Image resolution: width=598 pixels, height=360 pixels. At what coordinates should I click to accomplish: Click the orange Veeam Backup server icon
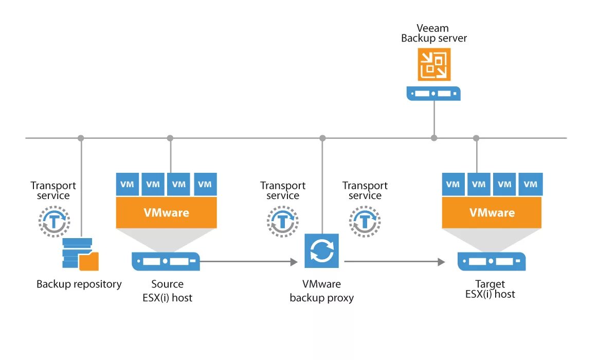(x=433, y=64)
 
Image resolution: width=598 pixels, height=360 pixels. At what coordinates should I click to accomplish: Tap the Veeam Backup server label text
(x=434, y=33)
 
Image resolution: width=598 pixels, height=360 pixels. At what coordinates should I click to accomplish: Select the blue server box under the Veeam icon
(x=433, y=94)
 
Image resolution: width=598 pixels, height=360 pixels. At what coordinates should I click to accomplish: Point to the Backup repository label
(x=79, y=284)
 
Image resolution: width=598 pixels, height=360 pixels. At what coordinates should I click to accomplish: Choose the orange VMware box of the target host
(x=492, y=212)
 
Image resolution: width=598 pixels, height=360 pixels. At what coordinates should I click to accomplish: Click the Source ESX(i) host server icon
(x=166, y=261)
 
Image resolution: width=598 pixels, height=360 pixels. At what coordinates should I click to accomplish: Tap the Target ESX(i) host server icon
(x=492, y=261)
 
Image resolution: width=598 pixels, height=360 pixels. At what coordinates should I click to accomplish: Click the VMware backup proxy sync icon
(x=322, y=250)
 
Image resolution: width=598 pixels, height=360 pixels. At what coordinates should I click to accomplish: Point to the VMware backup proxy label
(x=322, y=291)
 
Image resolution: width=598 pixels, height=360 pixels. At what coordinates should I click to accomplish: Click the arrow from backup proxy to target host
(x=394, y=262)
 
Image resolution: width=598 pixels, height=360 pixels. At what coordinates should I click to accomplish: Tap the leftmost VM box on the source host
(x=127, y=184)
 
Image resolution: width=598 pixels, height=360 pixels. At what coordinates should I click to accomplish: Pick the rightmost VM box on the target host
(x=531, y=184)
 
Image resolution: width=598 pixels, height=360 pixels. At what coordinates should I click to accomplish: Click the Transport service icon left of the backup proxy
(x=282, y=221)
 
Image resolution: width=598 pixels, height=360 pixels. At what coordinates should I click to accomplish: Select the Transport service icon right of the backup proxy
(x=365, y=221)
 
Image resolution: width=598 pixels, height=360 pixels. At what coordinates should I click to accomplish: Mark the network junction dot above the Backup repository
(x=81, y=138)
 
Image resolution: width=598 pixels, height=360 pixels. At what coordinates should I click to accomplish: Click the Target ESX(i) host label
(x=490, y=289)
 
